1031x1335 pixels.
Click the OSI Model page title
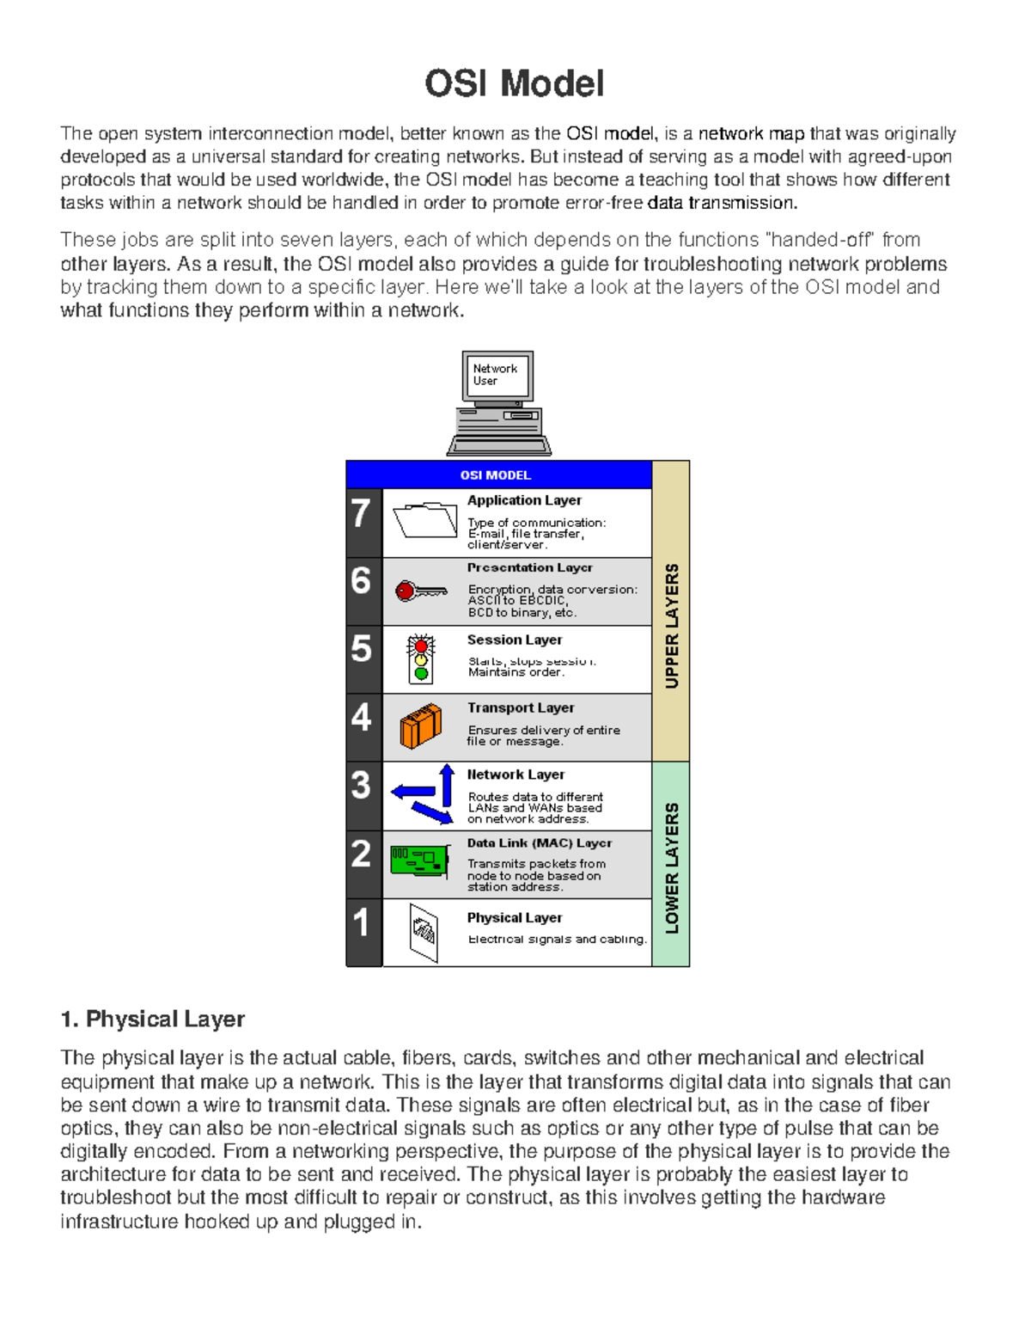click(x=514, y=84)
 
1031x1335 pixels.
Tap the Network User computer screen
click(x=497, y=376)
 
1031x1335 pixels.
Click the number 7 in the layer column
click(x=362, y=514)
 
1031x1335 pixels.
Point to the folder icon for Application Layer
click(x=424, y=520)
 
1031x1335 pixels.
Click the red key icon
click(x=420, y=591)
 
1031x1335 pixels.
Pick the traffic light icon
click(x=421, y=659)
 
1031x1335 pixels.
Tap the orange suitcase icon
click(x=421, y=726)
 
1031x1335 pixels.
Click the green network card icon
click(x=420, y=860)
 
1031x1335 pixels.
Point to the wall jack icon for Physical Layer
click(x=424, y=933)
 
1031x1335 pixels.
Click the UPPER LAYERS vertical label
click(x=672, y=625)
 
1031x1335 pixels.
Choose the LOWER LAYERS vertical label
click(x=672, y=867)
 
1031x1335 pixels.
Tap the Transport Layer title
click(x=521, y=707)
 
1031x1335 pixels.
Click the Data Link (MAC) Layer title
click(x=540, y=843)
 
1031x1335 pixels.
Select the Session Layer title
click(x=515, y=640)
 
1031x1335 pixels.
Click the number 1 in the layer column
click(x=362, y=922)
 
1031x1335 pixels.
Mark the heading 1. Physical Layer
click(x=153, y=1020)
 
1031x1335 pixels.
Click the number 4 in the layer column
click(x=362, y=718)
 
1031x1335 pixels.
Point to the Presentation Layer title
click(x=530, y=567)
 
